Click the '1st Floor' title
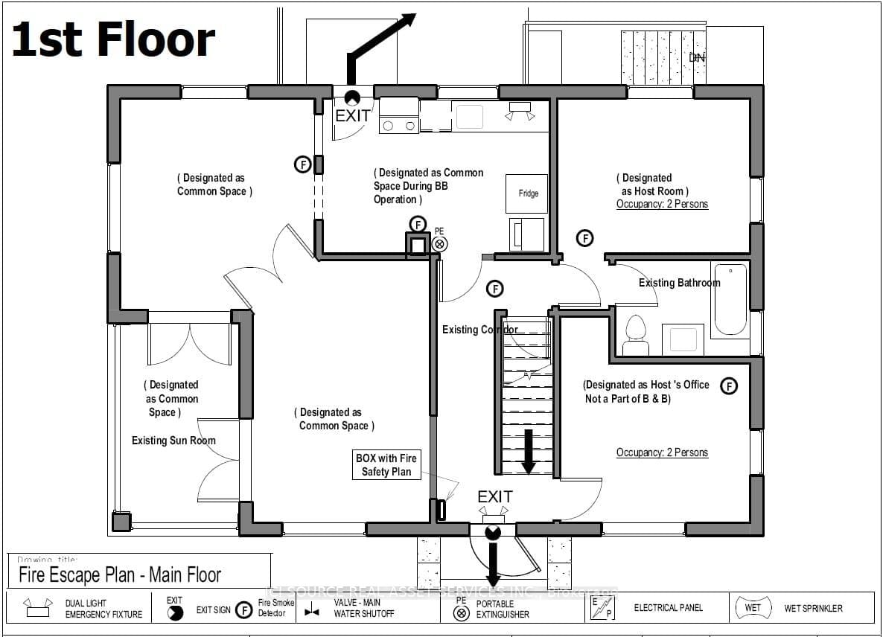click(x=113, y=40)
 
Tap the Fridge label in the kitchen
click(x=528, y=193)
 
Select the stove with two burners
click(x=399, y=116)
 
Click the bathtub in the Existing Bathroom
click(x=730, y=298)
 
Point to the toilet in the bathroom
click(x=635, y=335)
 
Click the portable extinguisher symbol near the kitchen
click(x=440, y=243)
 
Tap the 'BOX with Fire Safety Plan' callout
click(x=386, y=465)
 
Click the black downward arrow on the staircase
click(x=528, y=450)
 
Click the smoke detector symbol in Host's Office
click(x=729, y=385)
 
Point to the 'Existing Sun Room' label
click(x=173, y=441)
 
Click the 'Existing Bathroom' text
click(x=679, y=283)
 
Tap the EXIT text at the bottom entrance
click(x=495, y=496)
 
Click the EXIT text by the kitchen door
click(x=352, y=116)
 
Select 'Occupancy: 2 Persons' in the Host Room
click(x=662, y=204)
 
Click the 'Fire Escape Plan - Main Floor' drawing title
click(x=120, y=574)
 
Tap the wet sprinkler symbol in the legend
click(x=753, y=608)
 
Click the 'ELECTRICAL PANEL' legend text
click(x=668, y=608)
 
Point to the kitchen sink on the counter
click(x=469, y=116)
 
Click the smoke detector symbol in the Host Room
click(x=585, y=238)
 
